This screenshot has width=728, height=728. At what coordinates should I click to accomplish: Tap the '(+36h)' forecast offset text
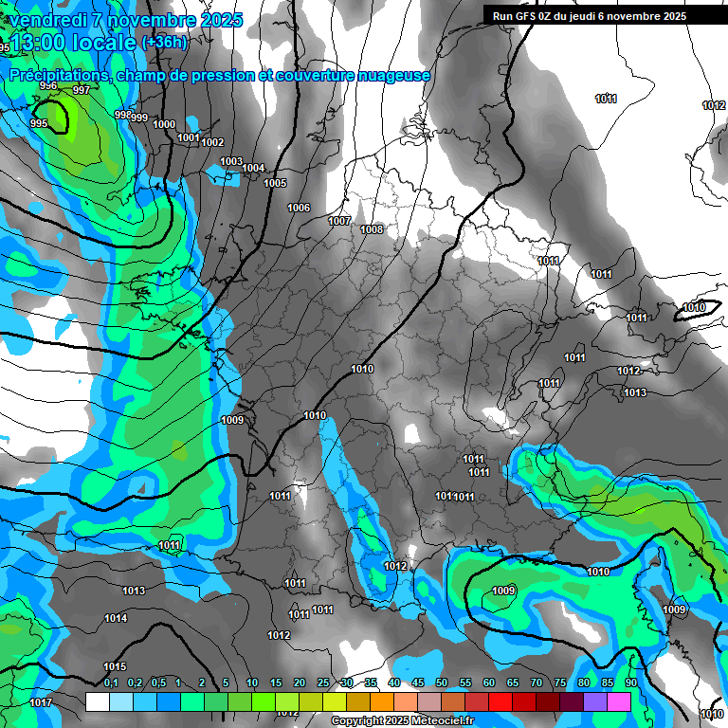[164, 42]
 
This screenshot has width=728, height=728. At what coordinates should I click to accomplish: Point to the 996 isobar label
[48, 86]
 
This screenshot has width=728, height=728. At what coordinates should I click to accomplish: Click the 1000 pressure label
[163, 124]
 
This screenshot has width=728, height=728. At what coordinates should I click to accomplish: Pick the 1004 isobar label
[253, 168]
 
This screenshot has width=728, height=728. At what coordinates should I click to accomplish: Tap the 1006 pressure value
[299, 208]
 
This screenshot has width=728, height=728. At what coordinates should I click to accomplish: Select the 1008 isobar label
[372, 229]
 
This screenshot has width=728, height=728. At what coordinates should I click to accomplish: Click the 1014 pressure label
[116, 618]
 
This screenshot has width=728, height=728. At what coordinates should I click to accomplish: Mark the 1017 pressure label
[41, 702]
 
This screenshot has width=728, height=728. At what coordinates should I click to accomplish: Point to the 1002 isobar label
[212, 142]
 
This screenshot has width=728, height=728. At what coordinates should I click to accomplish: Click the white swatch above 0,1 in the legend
[97, 701]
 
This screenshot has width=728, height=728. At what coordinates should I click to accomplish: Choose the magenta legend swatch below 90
[619, 701]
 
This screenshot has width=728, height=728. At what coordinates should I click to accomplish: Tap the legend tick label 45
[418, 682]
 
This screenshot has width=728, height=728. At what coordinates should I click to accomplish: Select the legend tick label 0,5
[157, 682]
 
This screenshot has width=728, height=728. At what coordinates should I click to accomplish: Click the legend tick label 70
[537, 682]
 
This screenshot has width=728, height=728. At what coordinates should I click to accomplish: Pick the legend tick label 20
[300, 682]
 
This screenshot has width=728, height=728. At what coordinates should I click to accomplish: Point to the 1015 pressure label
[115, 666]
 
